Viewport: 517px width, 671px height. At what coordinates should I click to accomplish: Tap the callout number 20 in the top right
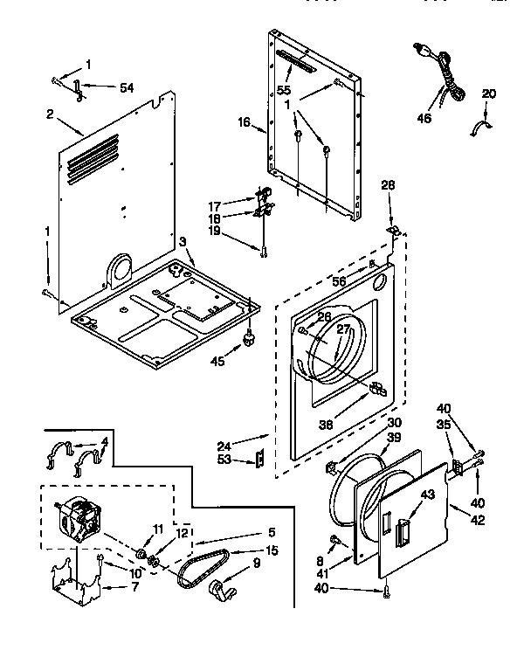coord(488,93)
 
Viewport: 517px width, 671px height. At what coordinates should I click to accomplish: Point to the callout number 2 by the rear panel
coord(51,113)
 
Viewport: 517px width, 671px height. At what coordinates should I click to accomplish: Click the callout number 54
coord(127,86)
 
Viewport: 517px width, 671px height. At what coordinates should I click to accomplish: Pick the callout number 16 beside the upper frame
coord(245,123)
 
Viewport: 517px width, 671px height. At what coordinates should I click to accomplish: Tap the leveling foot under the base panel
coord(250,335)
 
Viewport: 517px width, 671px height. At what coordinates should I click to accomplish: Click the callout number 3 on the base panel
coord(183,241)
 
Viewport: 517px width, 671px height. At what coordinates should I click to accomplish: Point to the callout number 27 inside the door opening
coord(343,329)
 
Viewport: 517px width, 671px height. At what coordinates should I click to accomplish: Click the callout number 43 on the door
coord(403,494)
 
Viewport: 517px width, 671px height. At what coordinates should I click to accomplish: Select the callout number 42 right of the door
coord(478,521)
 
